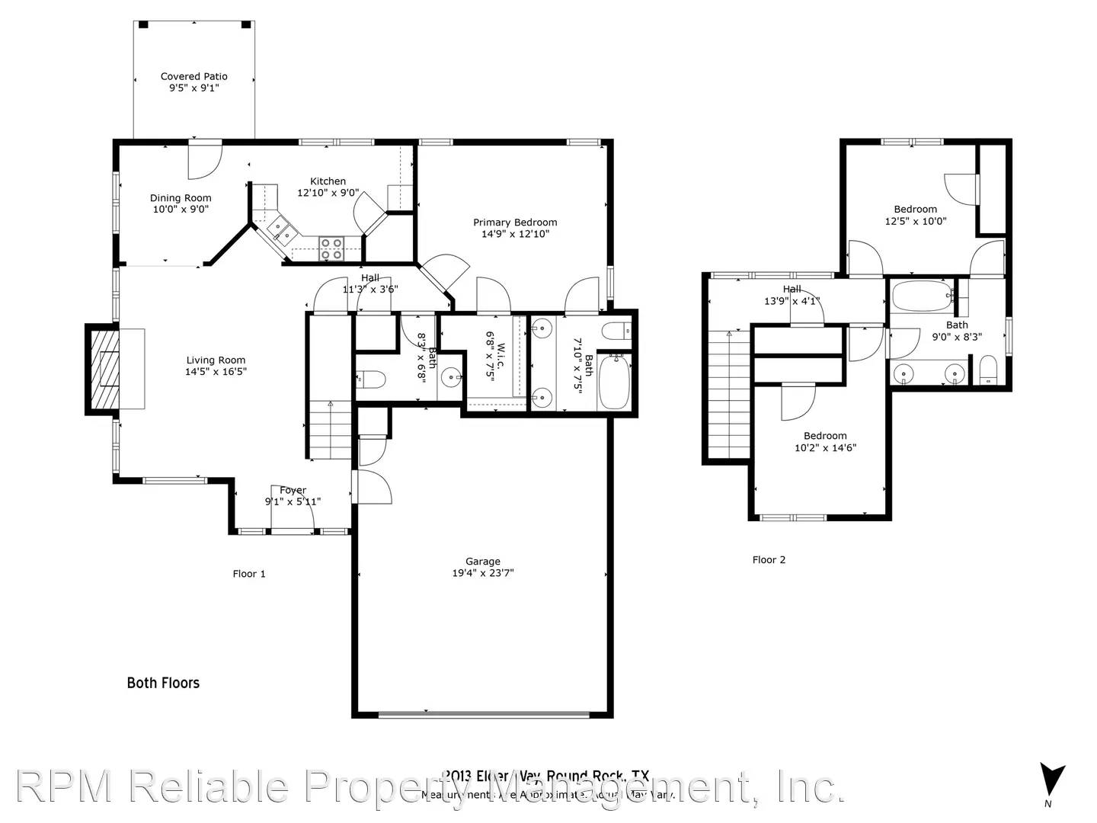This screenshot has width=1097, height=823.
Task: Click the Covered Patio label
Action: pos(193,76)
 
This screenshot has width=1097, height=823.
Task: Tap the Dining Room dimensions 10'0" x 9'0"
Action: pos(181,210)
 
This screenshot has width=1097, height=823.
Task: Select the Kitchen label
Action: pos(328,181)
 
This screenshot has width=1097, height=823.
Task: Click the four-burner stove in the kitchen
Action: pos(331,249)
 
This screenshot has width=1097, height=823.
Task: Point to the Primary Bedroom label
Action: pos(515,223)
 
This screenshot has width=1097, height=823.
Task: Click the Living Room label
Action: pos(216,360)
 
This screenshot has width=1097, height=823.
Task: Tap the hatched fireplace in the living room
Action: pos(104,369)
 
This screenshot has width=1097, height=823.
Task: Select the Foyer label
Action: pos(293,491)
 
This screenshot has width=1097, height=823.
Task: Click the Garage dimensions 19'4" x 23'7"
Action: pos(483,573)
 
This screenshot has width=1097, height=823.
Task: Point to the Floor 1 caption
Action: pos(249,574)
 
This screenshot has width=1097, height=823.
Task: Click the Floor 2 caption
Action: pos(769,560)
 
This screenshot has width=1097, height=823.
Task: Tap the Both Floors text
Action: pos(163,684)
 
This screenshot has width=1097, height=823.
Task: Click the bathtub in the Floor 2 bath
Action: pos(922,296)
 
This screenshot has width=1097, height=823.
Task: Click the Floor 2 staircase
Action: pos(729,396)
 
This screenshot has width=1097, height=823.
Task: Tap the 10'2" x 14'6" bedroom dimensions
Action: pos(825,448)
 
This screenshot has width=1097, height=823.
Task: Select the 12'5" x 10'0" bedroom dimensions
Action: pos(915,222)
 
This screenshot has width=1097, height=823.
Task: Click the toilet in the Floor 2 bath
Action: pos(988,370)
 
